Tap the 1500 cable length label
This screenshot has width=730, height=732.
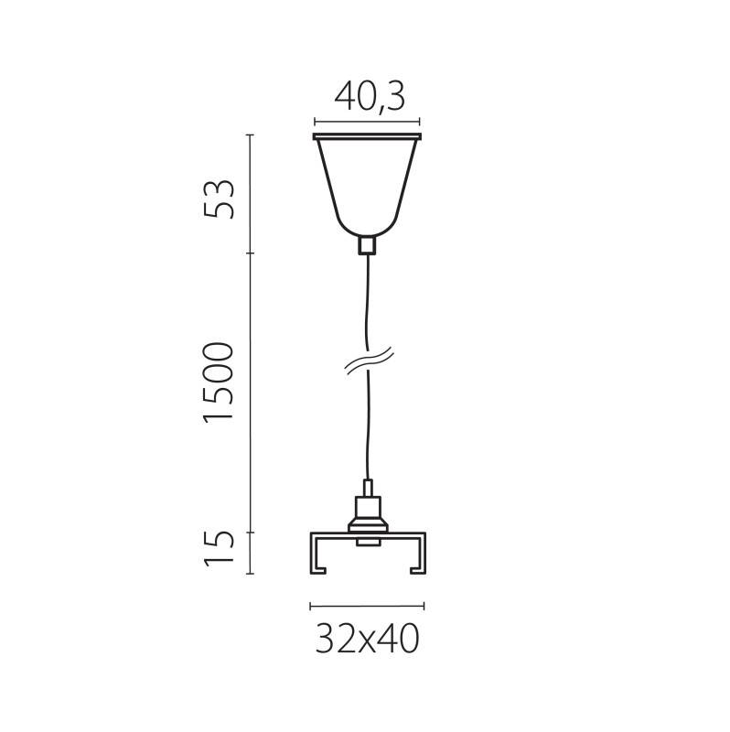click(x=220, y=382)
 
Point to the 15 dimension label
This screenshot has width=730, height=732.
click(x=220, y=548)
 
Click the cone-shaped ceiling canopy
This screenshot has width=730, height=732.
click(x=367, y=188)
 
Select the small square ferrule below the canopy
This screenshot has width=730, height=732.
click(x=367, y=244)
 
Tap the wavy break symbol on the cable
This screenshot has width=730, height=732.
click(x=368, y=361)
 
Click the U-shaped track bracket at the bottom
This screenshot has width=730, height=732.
click(x=367, y=536)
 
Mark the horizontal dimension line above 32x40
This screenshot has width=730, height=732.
click(x=367, y=606)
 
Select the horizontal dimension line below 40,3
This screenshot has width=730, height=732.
click(x=367, y=121)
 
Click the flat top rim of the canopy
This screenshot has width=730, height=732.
click(x=367, y=138)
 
